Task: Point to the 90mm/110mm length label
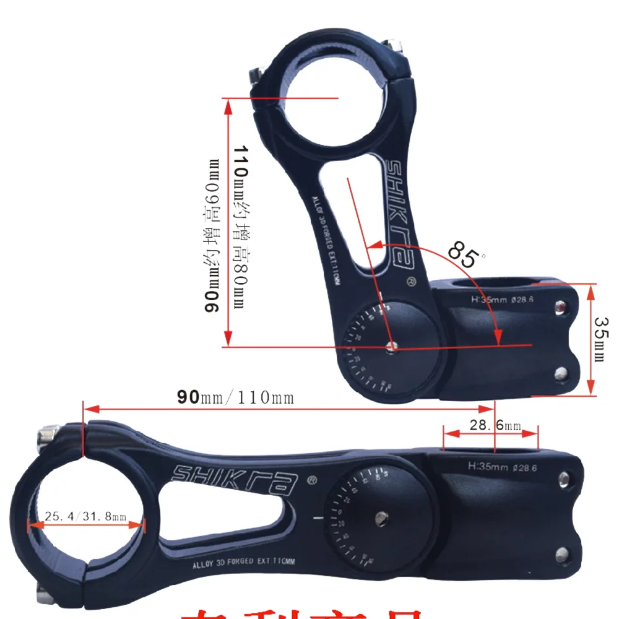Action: point(235,397)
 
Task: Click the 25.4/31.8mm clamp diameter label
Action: point(85,516)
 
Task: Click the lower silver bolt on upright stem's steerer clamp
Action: point(561,373)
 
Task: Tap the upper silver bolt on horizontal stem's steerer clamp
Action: point(564,478)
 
